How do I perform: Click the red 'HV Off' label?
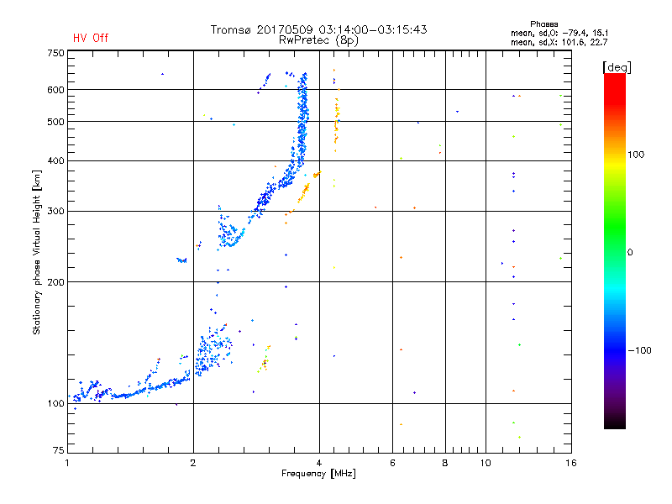tap(91, 38)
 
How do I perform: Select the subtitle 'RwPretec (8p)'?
tap(318, 40)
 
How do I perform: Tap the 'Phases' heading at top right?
tap(543, 24)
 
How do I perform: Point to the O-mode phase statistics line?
tap(559, 33)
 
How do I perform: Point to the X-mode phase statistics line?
tap(559, 42)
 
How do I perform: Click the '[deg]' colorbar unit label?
tap(617, 67)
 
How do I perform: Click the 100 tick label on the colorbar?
tap(636, 155)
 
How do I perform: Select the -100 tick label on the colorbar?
tap(639, 350)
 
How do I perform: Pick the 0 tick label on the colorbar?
tap(630, 253)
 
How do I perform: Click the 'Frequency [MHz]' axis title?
tap(318, 474)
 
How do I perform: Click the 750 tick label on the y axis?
tap(56, 53)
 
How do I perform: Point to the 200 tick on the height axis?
tap(56, 282)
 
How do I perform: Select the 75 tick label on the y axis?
tap(59, 450)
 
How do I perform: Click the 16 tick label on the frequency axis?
tap(571, 463)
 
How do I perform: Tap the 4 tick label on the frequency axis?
tap(319, 463)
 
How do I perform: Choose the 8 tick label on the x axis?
tap(445, 463)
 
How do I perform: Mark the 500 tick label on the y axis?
tap(56, 122)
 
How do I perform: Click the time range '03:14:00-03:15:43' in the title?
tap(373, 29)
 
